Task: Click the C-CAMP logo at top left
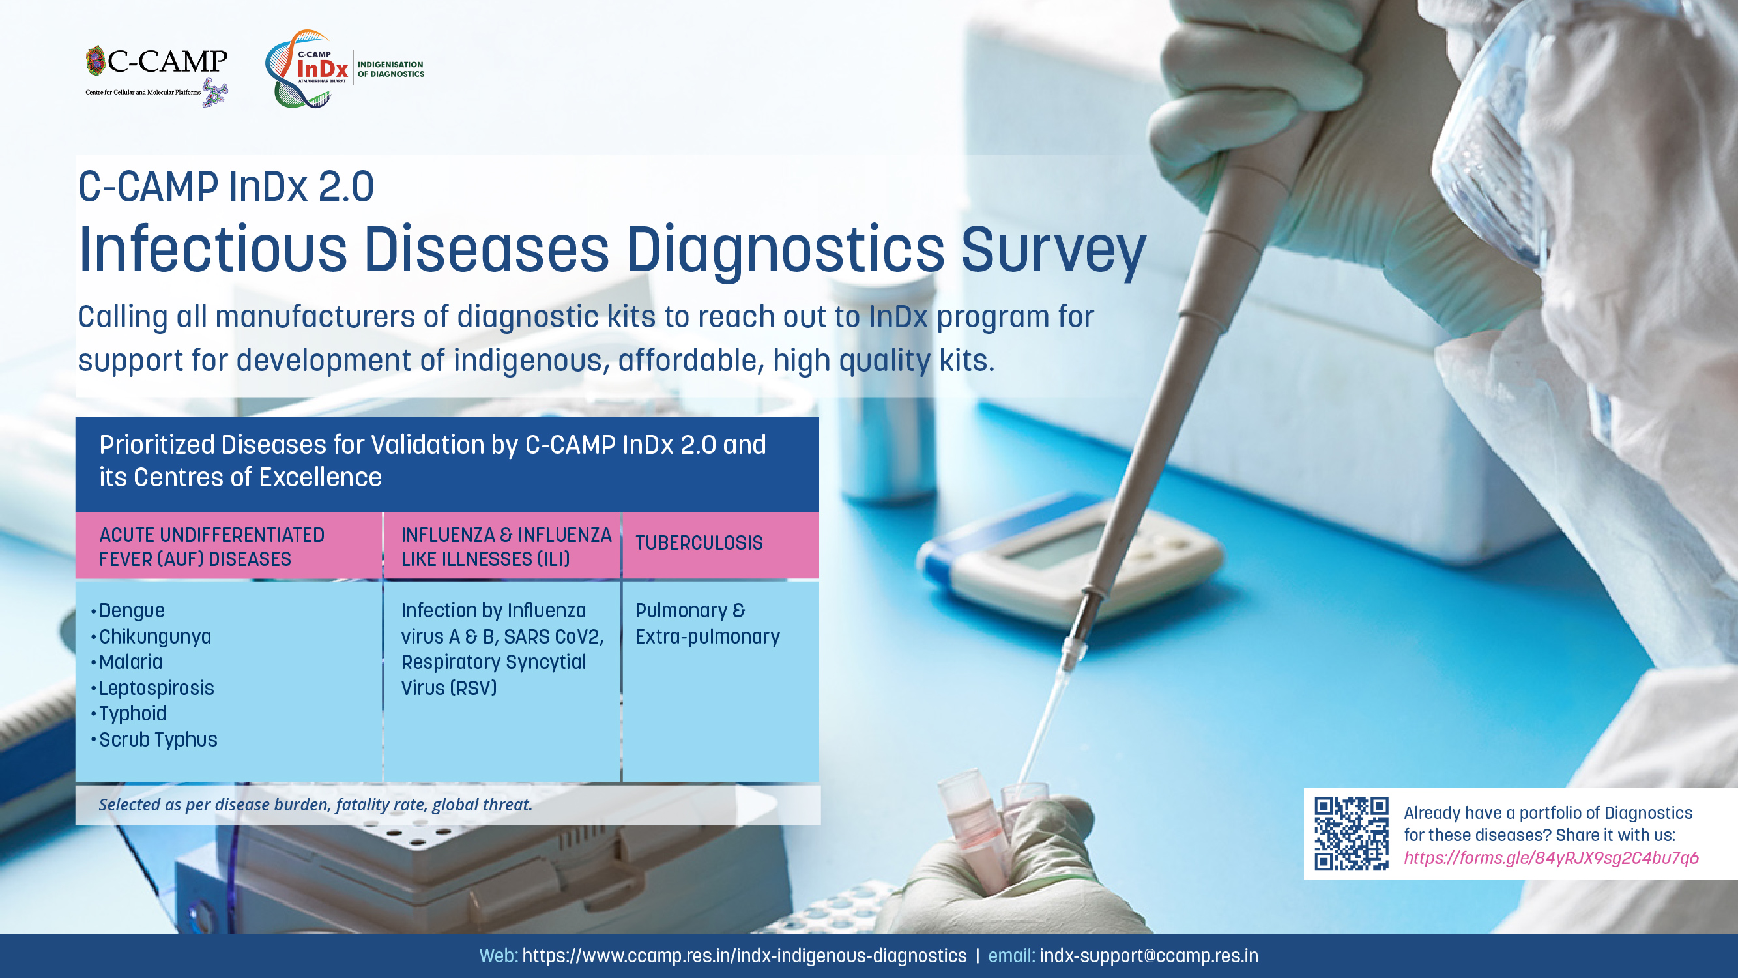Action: point(156,76)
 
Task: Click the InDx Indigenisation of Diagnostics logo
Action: point(345,69)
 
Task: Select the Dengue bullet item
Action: point(132,610)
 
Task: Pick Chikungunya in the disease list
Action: point(154,636)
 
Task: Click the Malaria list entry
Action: point(130,662)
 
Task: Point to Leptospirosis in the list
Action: point(156,688)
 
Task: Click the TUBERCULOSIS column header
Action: point(699,542)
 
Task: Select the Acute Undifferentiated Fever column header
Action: point(212,547)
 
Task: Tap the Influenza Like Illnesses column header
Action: point(506,547)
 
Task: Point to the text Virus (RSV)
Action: point(448,688)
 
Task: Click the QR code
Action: point(1352,833)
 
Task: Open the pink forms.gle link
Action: point(1551,858)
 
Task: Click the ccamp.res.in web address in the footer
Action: point(744,956)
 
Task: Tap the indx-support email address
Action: point(1148,956)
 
